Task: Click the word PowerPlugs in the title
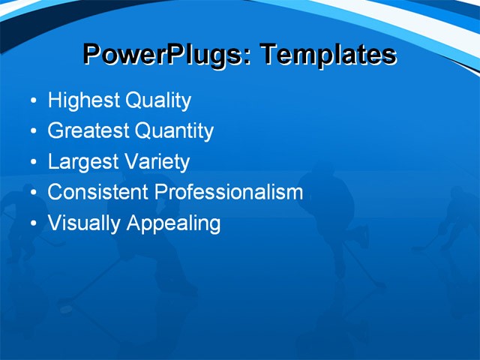click(166, 55)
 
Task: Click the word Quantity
click(174, 131)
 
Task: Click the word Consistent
click(98, 192)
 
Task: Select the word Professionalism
click(229, 192)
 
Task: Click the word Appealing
click(173, 223)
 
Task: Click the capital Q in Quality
click(134, 100)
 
